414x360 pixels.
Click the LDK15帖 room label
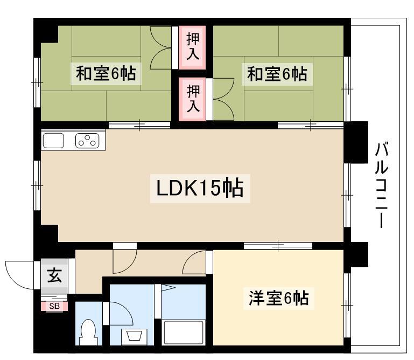tap(200, 188)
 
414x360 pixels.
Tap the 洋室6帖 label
tap(278, 299)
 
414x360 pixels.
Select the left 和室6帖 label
tap(106, 74)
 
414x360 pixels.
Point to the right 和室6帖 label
tap(277, 74)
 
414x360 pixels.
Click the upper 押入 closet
tap(192, 47)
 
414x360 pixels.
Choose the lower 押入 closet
tap(192, 99)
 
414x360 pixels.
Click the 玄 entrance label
tap(54, 275)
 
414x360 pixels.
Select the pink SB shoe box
tap(54, 306)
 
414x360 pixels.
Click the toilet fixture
tap(88, 333)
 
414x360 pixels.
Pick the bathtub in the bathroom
tap(184, 333)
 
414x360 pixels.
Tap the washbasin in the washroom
tap(135, 337)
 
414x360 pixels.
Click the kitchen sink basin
tap(53, 141)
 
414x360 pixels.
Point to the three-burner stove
tap(87, 141)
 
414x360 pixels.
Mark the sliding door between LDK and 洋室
tap(278, 246)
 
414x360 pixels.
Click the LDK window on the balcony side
tap(347, 195)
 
